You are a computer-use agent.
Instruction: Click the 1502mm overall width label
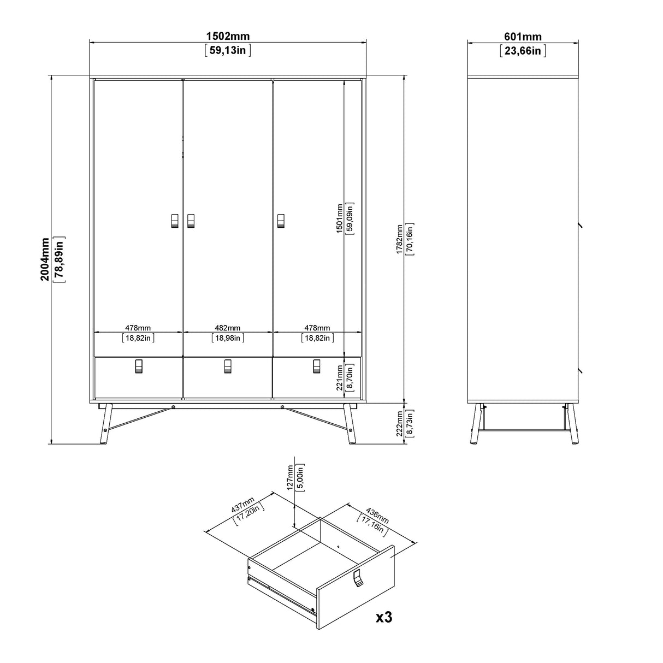click(228, 37)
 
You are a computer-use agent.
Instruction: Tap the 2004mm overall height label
click(45, 258)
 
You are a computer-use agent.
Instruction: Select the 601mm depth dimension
click(523, 37)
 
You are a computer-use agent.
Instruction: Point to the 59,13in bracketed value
click(228, 51)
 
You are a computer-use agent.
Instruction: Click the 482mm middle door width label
click(227, 328)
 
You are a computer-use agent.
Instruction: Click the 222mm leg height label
click(400, 423)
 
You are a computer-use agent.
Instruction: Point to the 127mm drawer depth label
click(291, 476)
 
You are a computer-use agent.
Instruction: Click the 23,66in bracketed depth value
click(523, 51)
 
